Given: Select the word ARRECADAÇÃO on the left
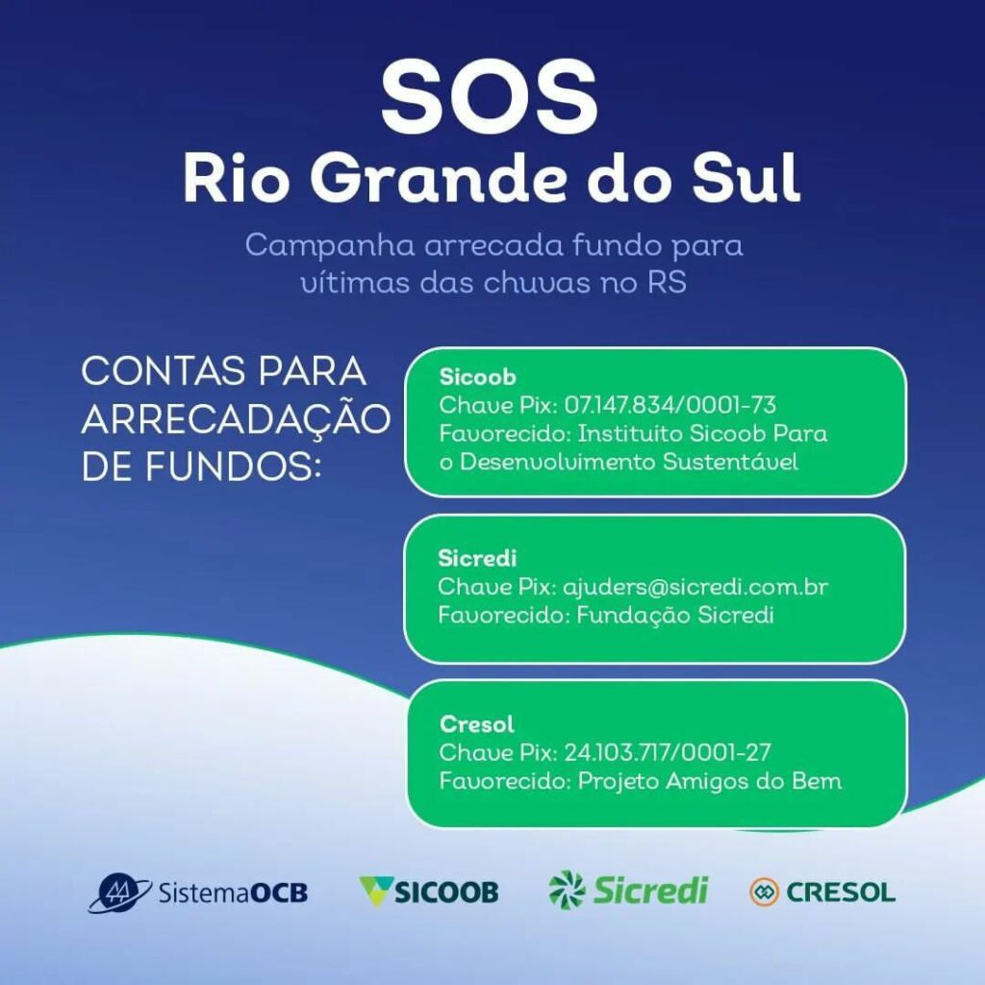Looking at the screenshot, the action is pyautogui.click(x=237, y=419).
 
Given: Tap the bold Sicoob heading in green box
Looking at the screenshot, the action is pyautogui.click(x=477, y=377).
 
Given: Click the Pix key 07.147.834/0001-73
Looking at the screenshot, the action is pyautogui.click(x=670, y=405).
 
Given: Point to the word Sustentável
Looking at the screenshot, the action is pyautogui.click(x=730, y=462).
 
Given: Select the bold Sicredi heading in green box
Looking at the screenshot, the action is pyautogui.click(x=477, y=558).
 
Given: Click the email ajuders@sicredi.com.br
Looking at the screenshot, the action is pyautogui.click(x=695, y=587).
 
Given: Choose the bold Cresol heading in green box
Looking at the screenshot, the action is pyautogui.click(x=477, y=724).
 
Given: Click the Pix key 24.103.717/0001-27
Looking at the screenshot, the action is pyautogui.click(x=668, y=752).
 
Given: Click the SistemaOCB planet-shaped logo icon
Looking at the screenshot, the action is pyautogui.click(x=118, y=892).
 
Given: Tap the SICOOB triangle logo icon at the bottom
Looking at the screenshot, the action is pyautogui.click(x=376, y=892).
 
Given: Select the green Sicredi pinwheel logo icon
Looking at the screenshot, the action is pyautogui.click(x=567, y=890).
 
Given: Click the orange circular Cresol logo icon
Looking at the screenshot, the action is pyautogui.click(x=764, y=892).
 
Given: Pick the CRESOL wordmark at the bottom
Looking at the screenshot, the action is pyautogui.click(x=841, y=892).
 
